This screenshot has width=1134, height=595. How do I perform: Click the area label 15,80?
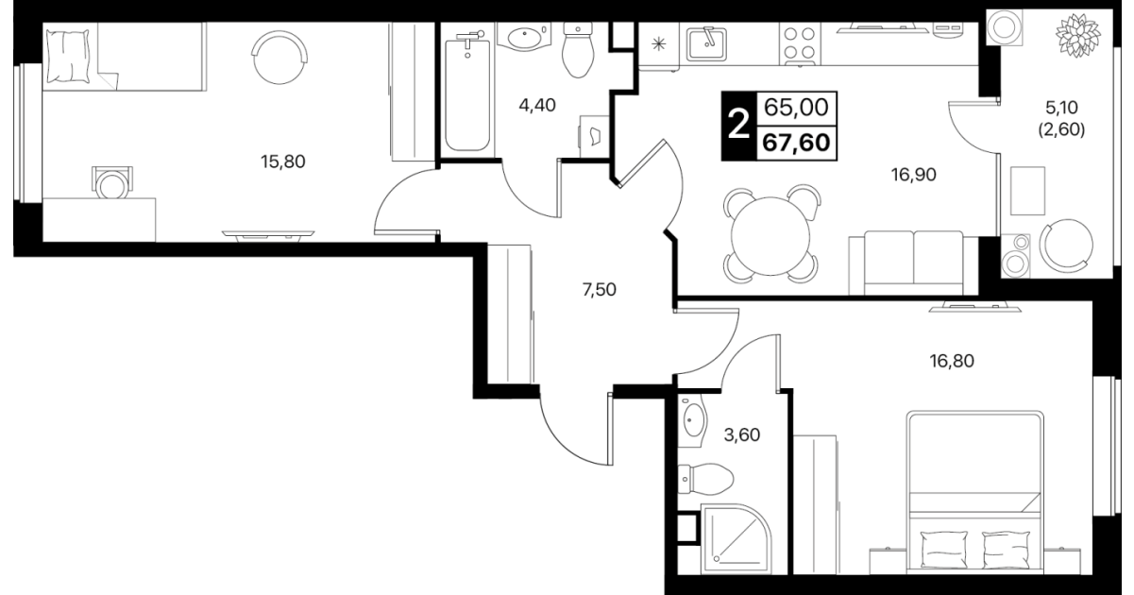pos(283,162)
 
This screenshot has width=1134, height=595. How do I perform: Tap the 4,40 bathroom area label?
pos(537,106)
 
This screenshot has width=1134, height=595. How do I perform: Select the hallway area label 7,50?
pos(600,290)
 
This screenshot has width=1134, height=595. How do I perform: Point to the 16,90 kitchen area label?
pos(914,175)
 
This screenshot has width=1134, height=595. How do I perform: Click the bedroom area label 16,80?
pos(952,361)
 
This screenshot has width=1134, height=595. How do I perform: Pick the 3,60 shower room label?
pos(742,435)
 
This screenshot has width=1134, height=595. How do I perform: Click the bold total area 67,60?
pos(797,143)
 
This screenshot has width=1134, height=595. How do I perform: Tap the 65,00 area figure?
pos(796,108)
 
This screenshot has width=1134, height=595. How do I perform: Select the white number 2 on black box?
pos(738,126)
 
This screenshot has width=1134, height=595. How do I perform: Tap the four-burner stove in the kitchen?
pos(800,44)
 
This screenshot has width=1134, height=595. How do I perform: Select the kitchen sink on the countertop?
pos(706,43)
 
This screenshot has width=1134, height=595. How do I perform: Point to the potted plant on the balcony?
pos(1078,36)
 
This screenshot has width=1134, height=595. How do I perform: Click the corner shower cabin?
pos(736,539)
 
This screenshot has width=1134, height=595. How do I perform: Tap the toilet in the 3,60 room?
pos(705,479)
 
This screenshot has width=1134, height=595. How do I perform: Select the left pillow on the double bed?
pos(943,550)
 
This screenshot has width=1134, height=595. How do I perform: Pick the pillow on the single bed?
pos(68,56)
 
